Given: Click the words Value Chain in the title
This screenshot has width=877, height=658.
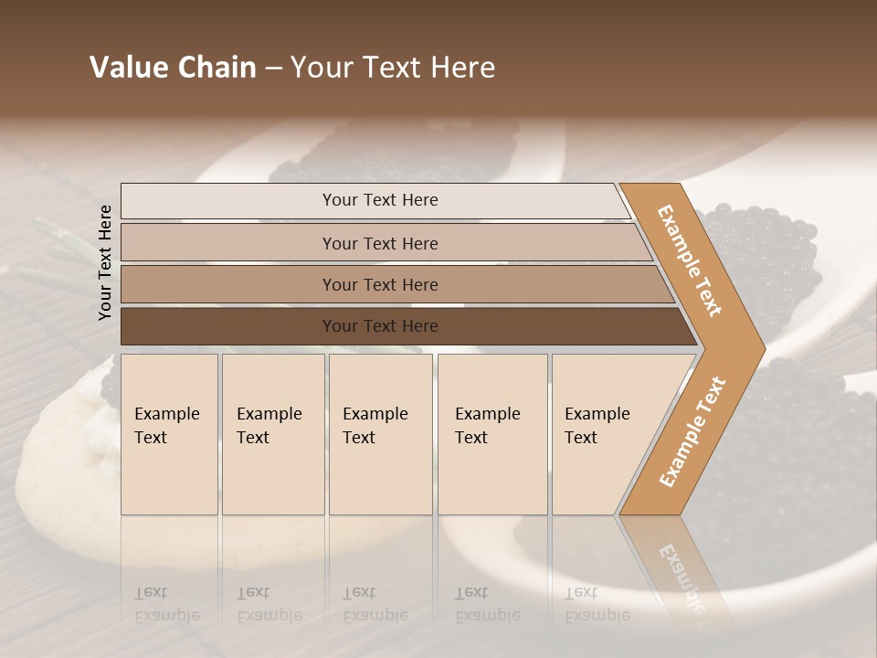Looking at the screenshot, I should (x=173, y=68).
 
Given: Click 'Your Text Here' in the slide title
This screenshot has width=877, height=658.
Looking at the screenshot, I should (x=393, y=68).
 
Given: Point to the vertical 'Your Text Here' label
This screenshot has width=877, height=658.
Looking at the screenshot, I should (x=105, y=262).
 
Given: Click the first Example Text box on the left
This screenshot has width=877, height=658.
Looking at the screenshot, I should (x=169, y=434).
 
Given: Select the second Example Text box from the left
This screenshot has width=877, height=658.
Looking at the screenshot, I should (x=273, y=434).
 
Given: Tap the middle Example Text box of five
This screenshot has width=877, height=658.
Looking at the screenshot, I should (x=380, y=434).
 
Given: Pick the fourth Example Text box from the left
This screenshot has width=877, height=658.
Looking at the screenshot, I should (x=492, y=434).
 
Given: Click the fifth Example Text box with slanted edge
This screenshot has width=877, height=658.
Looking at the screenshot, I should (x=603, y=434).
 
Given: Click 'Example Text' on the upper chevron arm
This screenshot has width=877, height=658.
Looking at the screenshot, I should (x=690, y=260).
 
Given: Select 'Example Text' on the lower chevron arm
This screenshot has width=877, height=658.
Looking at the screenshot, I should (x=692, y=431).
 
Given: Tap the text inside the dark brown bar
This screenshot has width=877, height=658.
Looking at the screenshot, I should (x=380, y=326).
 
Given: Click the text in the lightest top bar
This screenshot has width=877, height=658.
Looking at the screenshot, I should (x=380, y=200).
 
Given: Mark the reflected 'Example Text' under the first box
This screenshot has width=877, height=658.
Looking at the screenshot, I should (x=166, y=604).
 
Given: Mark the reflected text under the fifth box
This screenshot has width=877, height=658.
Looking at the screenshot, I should (x=597, y=604).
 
